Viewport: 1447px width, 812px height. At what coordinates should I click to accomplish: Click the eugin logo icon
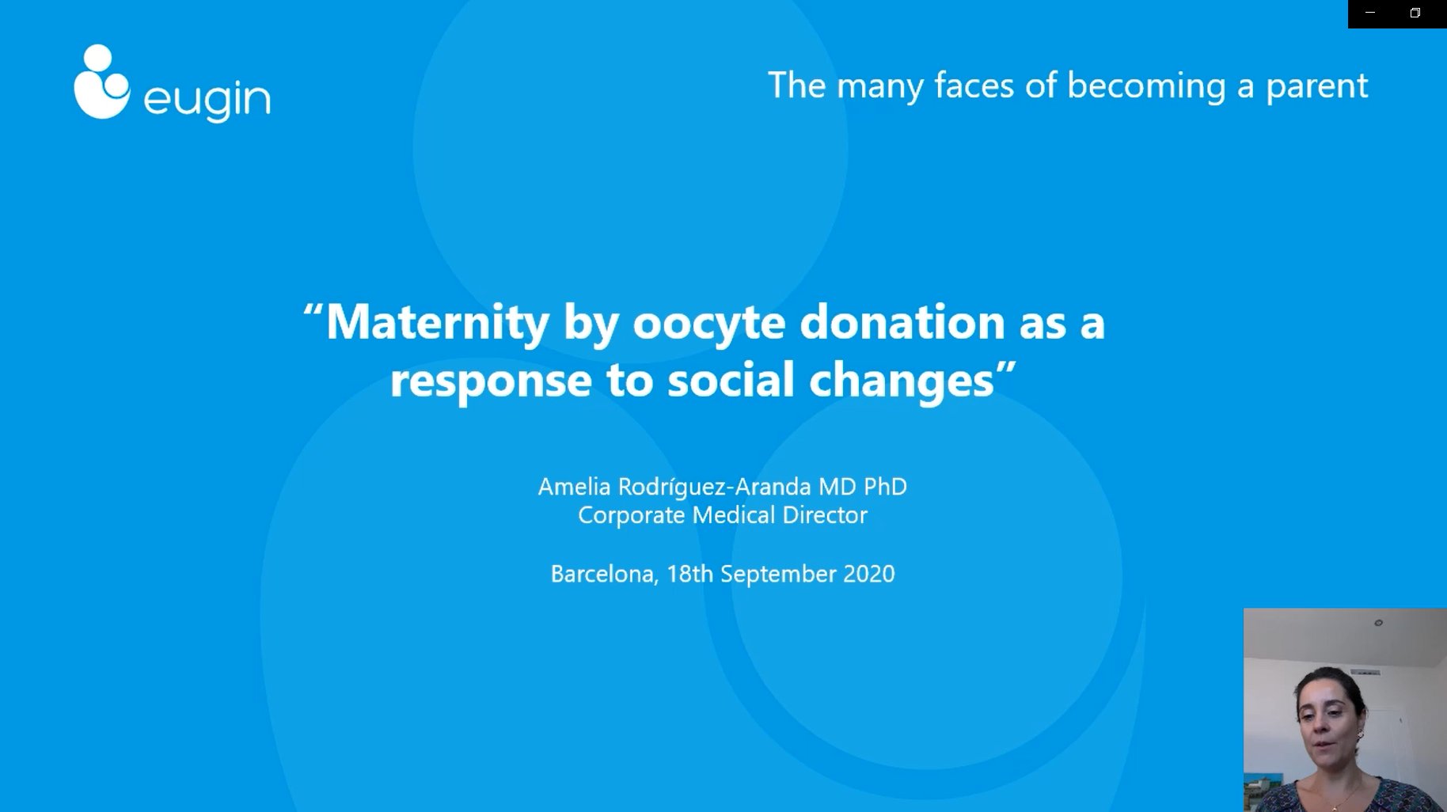pos(101,82)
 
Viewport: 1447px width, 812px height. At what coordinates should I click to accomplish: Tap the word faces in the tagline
pos(974,85)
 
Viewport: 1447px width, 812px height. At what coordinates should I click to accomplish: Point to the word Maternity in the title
pos(437,324)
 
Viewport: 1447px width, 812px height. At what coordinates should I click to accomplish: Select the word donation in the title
pos(902,322)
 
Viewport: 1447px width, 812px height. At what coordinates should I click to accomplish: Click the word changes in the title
pos(901,381)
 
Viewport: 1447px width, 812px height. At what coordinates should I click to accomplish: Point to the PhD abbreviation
pos(885,486)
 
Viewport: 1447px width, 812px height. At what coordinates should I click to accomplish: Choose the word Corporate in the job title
pos(632,516)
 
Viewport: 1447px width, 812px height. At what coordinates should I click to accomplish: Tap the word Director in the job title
pos(825,515)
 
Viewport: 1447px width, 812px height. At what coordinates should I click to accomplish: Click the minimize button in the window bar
pos(1370,13)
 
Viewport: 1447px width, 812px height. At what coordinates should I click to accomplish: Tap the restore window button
pos(1415,13)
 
